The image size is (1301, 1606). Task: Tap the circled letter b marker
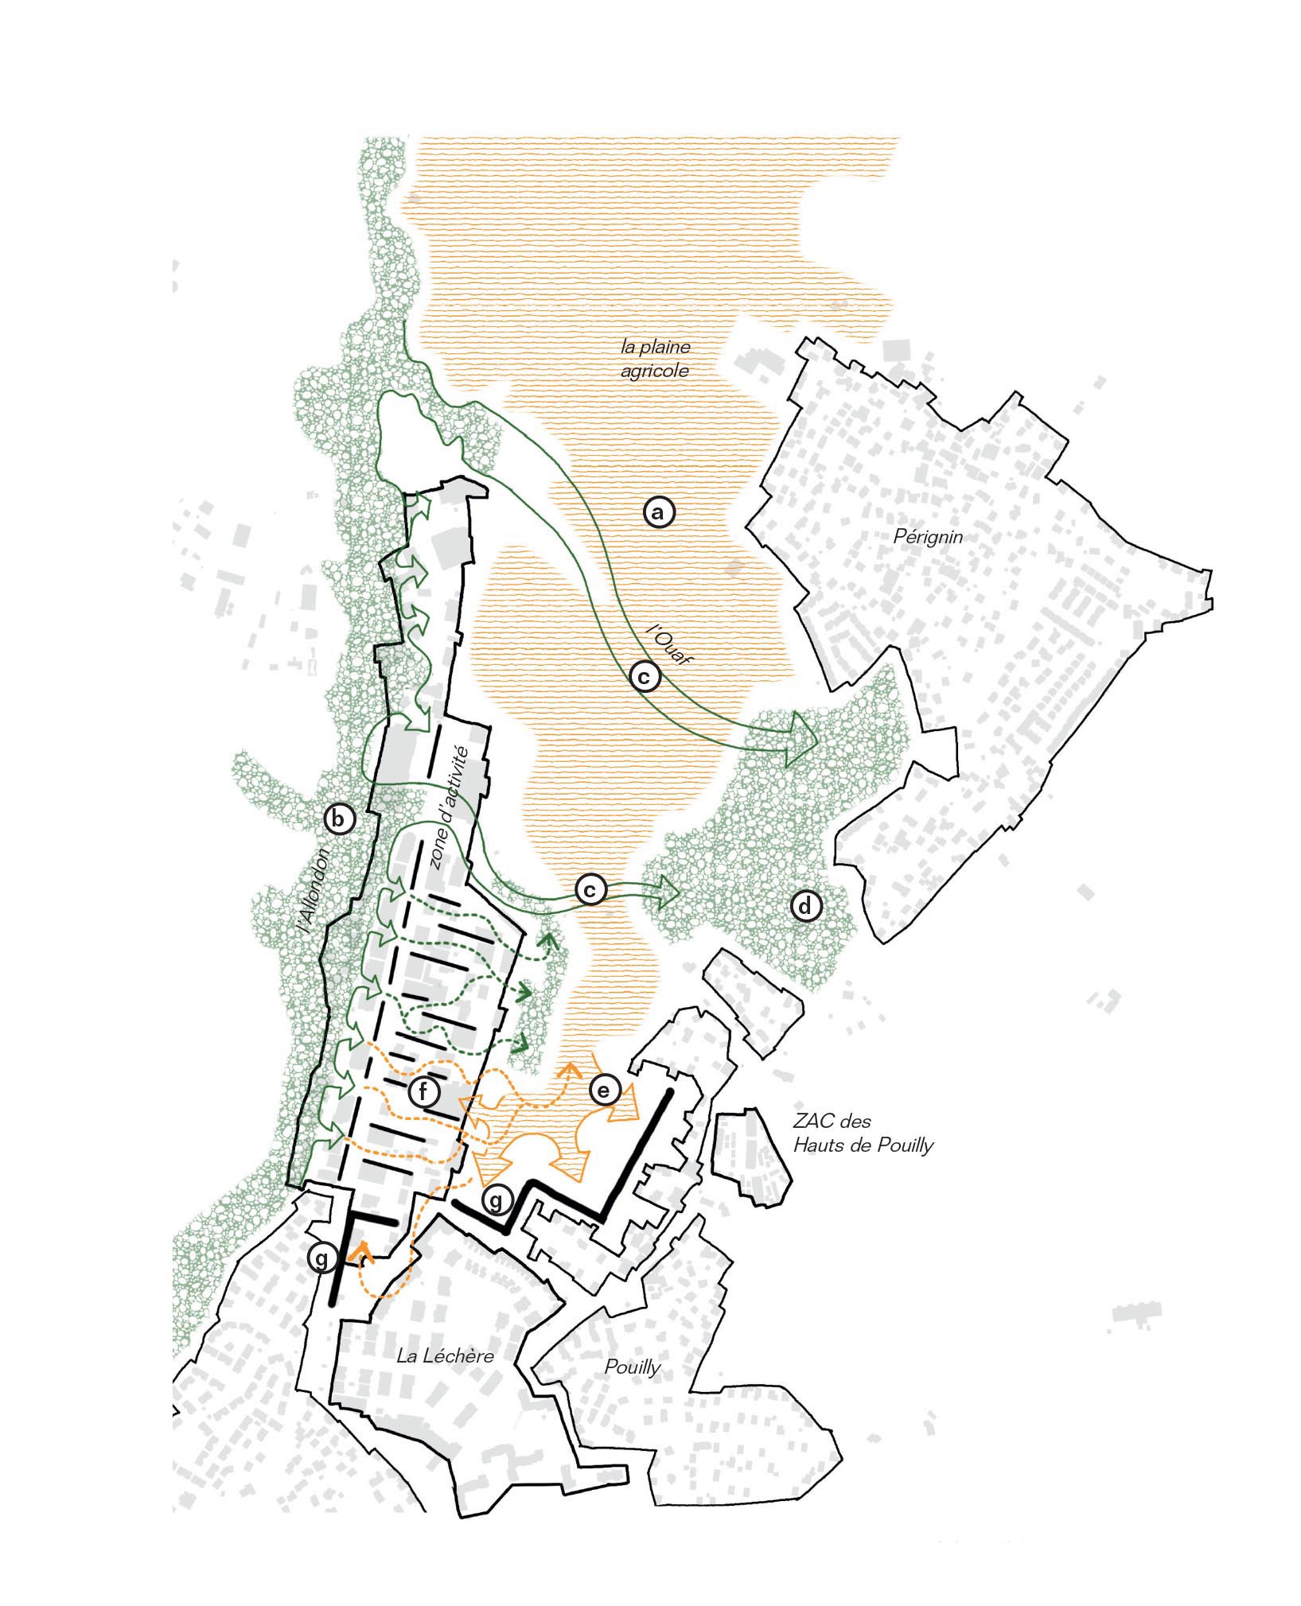(x=340, y=819)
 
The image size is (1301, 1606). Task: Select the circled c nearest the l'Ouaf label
(x=645, y=676)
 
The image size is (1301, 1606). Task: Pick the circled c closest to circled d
(x=590, y=889)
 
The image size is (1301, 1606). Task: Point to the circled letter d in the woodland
(x=805, y=906)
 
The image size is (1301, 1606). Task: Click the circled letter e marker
(x=604, y=1090)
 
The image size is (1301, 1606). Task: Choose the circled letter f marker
(x=423, y=1092)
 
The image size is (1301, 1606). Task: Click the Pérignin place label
(x=928, y=536)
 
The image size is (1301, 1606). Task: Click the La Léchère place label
(x=445, y=1356)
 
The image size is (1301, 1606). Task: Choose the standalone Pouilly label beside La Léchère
(x=633, y=1367)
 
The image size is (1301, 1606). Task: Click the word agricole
(x=655, y=371)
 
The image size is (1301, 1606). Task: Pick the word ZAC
(x=810, y=1122)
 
